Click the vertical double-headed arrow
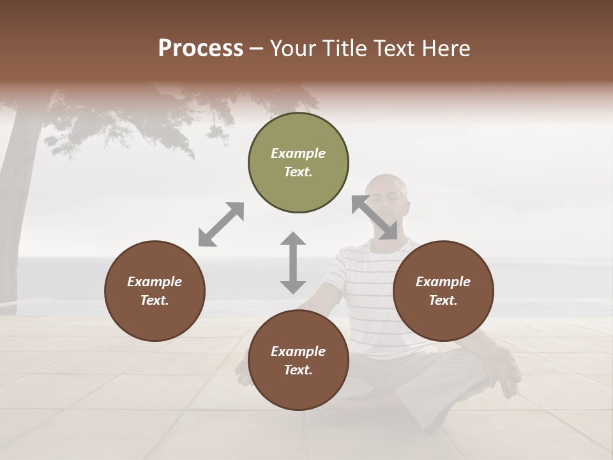point(293,263)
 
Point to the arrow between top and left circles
point(221,224)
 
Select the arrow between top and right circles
point(375,217)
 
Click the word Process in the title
point(201,48)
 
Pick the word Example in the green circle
point(298,153)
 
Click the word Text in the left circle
point(154,300)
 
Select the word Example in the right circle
point(443,282)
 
